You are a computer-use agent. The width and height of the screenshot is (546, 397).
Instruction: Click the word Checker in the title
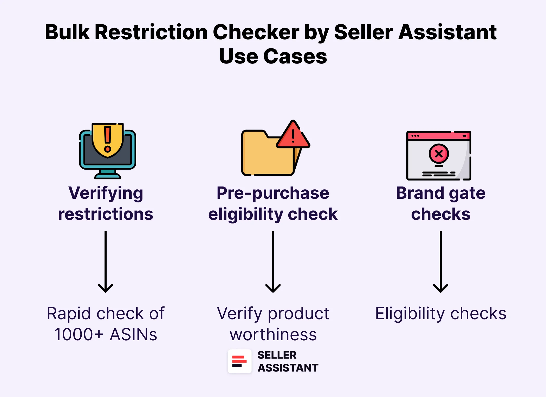(x=256, y=32)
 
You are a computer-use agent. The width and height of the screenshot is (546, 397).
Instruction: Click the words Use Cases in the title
(x=273, y=56)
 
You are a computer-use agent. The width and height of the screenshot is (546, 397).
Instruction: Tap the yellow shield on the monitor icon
(x=107, y=140)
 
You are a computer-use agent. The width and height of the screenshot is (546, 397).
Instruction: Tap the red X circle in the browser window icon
(x=439, y=154)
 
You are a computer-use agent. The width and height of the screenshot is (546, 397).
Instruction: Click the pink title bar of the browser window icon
(x=439, y=136)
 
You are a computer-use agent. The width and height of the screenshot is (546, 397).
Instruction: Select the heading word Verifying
(x=106, y=193)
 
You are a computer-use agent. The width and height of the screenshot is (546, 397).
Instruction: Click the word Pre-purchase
(x=273, y=193)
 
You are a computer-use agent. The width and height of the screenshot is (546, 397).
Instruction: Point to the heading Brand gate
(x=440, y=193)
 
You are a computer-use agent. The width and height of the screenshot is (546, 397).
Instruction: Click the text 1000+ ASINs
(x=106, y=334)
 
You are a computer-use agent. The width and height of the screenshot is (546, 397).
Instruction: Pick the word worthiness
(x=273, y=334)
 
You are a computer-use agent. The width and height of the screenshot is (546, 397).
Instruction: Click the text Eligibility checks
(x=440, y=313)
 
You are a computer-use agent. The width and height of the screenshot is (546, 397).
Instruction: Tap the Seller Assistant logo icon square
(x=239, y=361)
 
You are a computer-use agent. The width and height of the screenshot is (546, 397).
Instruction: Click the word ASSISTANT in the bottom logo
(x=288, y=368)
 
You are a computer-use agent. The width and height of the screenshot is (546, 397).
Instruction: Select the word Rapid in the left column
(x=69, y=313)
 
